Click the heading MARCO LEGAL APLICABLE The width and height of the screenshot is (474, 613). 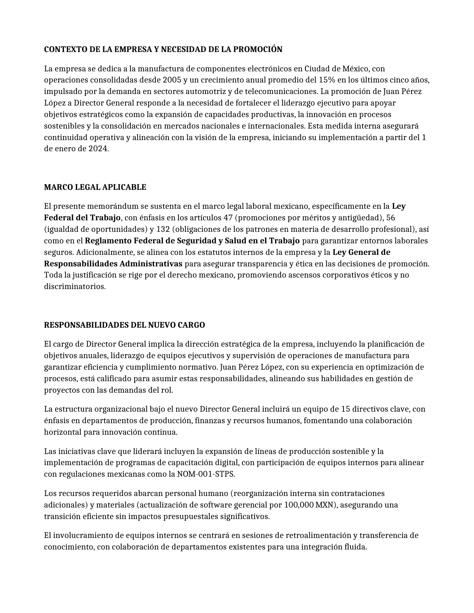(95, 187)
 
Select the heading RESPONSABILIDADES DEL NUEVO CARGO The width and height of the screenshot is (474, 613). (124, 325)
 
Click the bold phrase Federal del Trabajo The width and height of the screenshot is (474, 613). (82, 218)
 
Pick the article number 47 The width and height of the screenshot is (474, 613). (228, 218)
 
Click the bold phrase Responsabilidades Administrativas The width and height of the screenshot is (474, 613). (113, 264)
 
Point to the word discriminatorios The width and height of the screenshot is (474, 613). (75, 287)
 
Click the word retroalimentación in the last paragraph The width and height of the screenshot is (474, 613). (318, 536)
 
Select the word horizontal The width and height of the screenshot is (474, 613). (62, 432)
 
